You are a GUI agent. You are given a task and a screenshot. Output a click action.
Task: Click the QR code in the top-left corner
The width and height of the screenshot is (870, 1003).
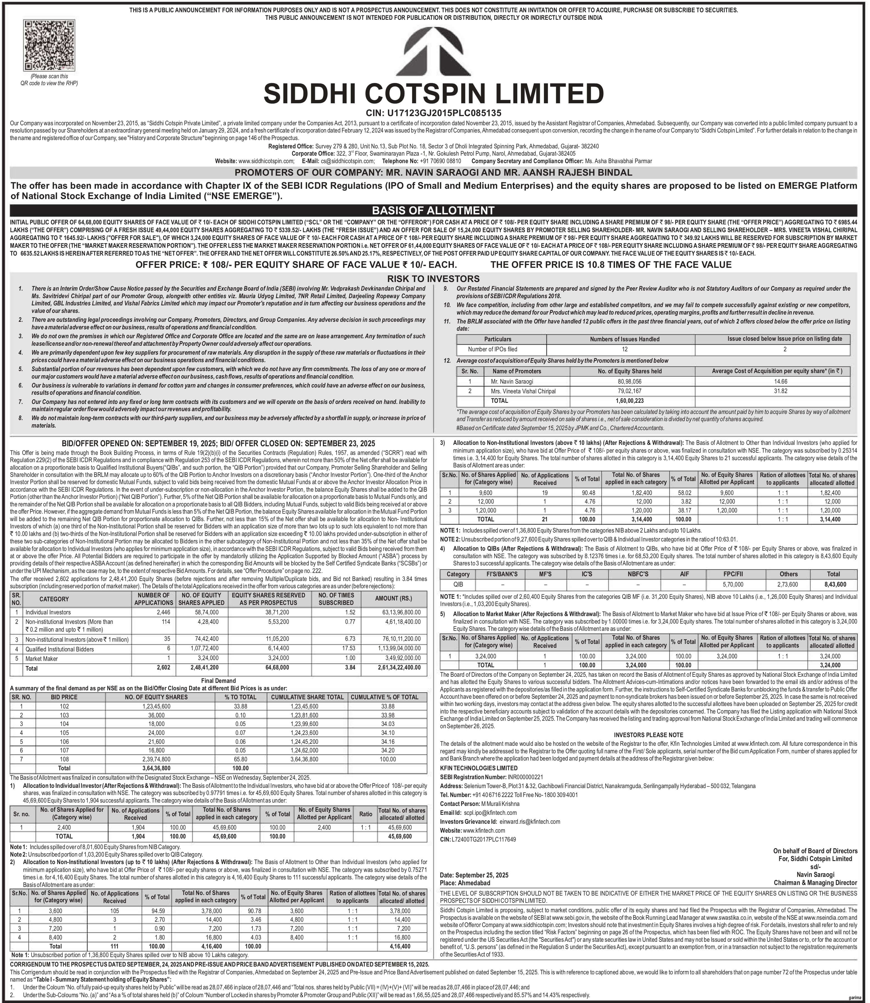coord(49,46)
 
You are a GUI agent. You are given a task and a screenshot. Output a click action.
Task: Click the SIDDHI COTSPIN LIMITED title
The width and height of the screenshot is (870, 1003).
coord(433,93)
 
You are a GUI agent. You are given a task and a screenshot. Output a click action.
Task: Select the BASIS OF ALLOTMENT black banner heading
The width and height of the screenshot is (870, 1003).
coord(433,210)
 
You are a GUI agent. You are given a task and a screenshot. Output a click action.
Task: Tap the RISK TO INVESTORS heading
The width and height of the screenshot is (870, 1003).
coord(433,279)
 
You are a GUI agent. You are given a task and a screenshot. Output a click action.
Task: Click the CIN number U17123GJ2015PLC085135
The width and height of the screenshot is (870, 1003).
coord(433,113)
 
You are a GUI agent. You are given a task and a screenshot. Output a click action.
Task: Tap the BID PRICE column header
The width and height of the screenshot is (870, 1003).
coord(64,697)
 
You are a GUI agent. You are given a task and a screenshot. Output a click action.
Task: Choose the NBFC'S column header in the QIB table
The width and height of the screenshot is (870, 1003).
coord(634,574)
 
